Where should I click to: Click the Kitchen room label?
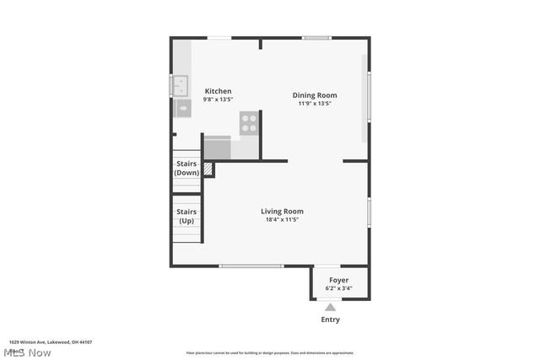pyautogui.click(x=218, y=91)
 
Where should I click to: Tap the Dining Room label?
pyautogui.click(x=315, y=95)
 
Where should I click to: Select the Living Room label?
pyautogui.click(x=282, y=212)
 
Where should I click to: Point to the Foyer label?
pyautogui.click(x=338, y=280)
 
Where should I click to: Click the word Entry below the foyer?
pyautogui.click(x=331, y=320)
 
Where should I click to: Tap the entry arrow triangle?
pyautogui.click(x=331, y=308)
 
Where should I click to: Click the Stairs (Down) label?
pyautogui.click(x=186, y=168)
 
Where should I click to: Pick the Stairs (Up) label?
pyautogui.click(x=186, y=216)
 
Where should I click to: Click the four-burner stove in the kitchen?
pyautogui.click(x=249, y=123)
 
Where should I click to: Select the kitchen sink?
pyautogui.click(x=180, y=83)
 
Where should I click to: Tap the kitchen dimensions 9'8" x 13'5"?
pyautogui.click(x=218, y=99)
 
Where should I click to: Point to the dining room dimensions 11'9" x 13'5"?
pyautogui.click(x=315, y=104)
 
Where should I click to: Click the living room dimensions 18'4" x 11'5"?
pyautogui.click(x=282, y=220)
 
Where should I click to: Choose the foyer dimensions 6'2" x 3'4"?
pyautogui.click(x=338, y=288)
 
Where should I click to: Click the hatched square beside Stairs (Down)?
pyautogui.click(x=208, y=169)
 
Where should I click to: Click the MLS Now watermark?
pyautogui.click(x=27, y=352)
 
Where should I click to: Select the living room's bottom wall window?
pyautogui.click(x=251, y=266)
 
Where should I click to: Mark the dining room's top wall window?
pyautogui.click(x=316, y=38)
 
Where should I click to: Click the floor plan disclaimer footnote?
pyautogui.click(x=270, y=353)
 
